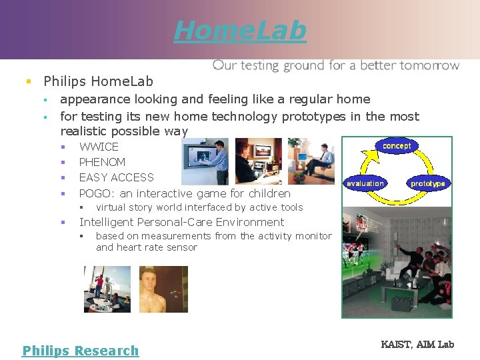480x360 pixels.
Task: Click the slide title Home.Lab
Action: [x=240, y=30]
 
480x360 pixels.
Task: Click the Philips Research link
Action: [x=81, y=351]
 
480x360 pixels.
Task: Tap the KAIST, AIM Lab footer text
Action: [x=417, y=344]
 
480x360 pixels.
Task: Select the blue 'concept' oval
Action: [x=397, y=146]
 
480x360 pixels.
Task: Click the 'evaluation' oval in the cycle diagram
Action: [x=365, y=183]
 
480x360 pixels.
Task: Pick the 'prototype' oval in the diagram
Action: [x=427, y=183]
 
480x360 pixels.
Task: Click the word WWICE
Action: [x=99, y=147]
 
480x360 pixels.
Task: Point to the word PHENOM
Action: [x=102, y=162]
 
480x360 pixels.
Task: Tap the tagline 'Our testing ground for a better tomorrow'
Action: [x=335, y=65]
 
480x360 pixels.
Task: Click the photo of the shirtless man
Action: [x=163, y=289]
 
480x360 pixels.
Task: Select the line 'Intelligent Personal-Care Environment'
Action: [x=181, y=222]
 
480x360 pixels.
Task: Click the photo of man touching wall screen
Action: [x=205, y=161]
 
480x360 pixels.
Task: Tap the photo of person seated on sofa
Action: [x=311, y=161]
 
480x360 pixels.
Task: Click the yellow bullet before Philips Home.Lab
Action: [x=28, y=82]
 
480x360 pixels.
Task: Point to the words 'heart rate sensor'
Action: [x=157, y=247]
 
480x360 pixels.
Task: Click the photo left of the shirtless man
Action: [x=107, y=289]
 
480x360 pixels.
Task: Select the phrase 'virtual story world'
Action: [x=139, y=207]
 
